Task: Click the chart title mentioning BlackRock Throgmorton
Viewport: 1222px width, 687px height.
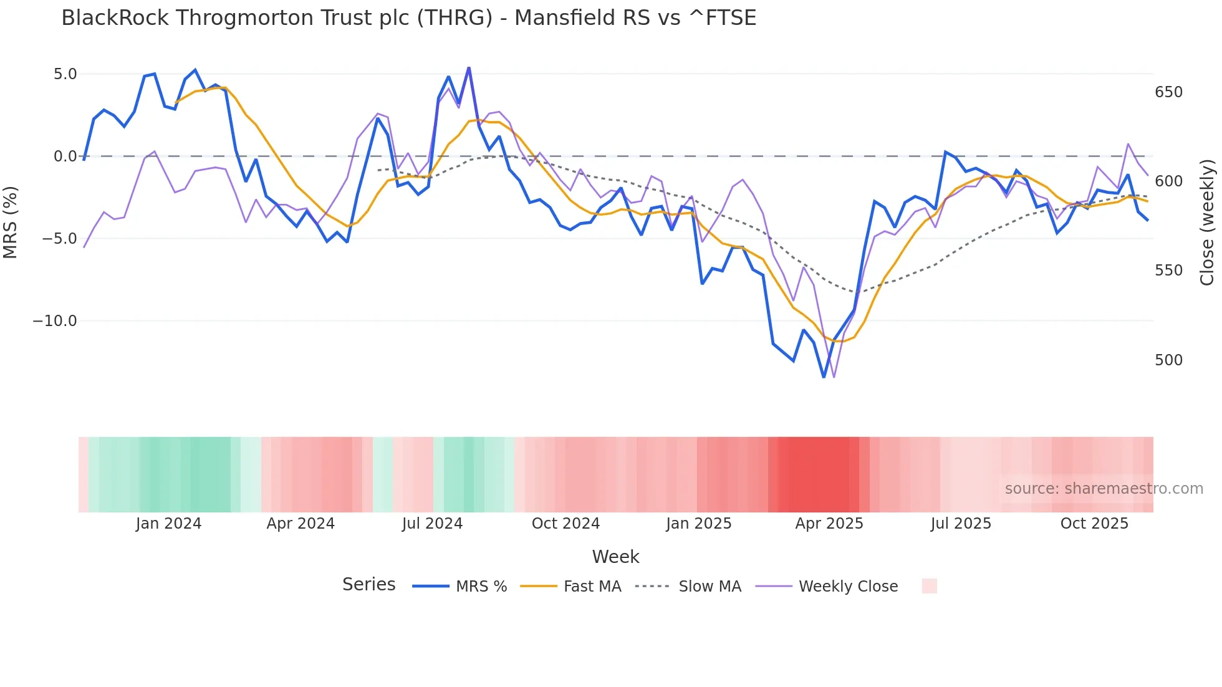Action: click(x=408, y=18)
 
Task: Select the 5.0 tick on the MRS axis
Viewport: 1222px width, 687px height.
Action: click(x=65, y=74)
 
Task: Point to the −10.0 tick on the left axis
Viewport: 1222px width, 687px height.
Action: click(x=55, y=321)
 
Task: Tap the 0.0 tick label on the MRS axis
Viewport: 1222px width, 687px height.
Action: click(x=65, y=156)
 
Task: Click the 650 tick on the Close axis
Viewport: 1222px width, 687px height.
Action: click(x=1168, y=92)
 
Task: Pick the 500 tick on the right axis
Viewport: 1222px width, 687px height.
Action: click(x=1168, y=360)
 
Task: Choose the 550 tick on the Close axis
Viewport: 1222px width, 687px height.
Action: click(x=1168, y=271)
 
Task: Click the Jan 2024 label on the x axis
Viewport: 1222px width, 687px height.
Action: click(x=168, y=524)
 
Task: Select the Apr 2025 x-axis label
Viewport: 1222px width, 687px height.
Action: click(x=829, y=524)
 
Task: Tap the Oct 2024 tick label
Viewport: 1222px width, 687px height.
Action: click(x=565, y=524)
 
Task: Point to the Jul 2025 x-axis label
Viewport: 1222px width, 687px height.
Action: click(x=961, y=524)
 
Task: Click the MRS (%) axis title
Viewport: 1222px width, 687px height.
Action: click(x=11, y=222)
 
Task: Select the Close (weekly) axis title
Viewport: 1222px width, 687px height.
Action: click(x=1208, y=222)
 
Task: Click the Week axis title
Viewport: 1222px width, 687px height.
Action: click(x=615, y=557)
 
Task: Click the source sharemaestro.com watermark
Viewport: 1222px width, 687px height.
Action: click(x=1104, y=489)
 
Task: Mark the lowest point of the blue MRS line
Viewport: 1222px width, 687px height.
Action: click(x=824, y=377)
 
